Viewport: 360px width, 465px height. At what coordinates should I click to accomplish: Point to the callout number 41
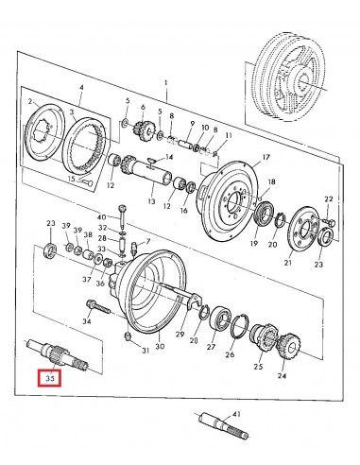click(x=236, y=414)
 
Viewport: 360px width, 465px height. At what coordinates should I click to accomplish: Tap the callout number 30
click(x=160, y=347)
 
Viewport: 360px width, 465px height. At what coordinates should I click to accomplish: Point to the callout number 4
click(x=82, y=87)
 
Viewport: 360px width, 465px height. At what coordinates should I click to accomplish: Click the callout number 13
click(x=148, y=202)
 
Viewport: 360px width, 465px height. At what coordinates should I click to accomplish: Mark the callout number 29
click(x=180, y=336)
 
